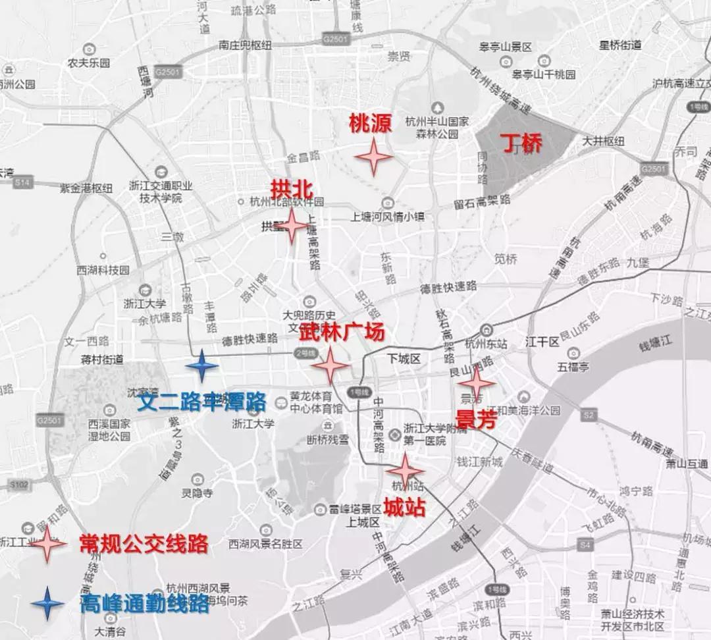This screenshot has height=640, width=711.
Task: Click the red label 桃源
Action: tap(371, 123)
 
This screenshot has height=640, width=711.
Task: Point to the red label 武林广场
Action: tap(341, 333)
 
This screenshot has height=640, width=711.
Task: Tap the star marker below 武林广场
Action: tap(330, 365)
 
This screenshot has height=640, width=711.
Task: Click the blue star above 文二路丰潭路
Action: tap(201, 366)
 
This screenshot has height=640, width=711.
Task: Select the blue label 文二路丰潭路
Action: tap(201, 401)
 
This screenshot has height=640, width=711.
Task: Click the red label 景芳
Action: tap(475, 419)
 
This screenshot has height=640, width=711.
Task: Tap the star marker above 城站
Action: tap(405, 471)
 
